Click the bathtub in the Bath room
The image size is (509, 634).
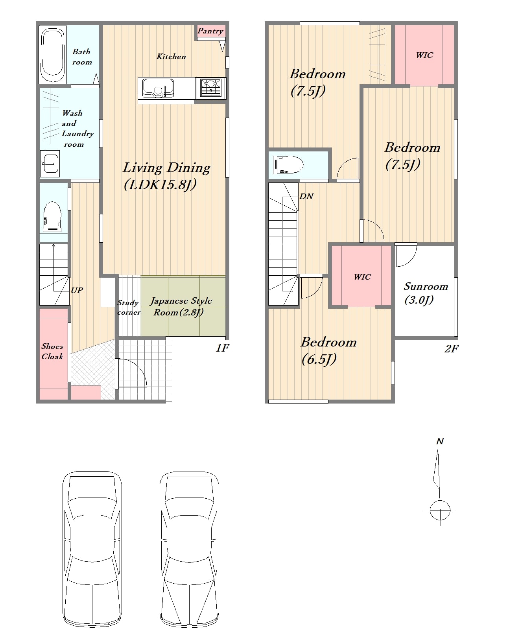pos(52,55)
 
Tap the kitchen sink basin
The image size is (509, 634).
pos(158,88)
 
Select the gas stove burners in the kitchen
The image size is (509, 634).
pos(210,87)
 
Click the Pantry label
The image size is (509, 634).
pos(210,31)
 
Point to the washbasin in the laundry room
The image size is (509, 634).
pos(50,164)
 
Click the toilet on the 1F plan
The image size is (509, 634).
pos(52,216)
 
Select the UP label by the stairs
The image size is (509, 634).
pos(77,290)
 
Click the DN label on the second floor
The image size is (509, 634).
pos(306,196)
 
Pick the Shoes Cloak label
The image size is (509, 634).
pos(52,351)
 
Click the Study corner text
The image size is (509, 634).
pos(129,307)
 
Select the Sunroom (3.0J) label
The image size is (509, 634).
pos(426,293)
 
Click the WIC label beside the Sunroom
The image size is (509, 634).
pos(363,277)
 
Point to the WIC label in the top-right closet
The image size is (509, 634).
pos(425,55)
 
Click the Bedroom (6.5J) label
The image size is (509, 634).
pos(328,350)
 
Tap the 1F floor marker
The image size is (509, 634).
pos(223,348)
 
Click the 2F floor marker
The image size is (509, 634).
pos(451,349)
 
